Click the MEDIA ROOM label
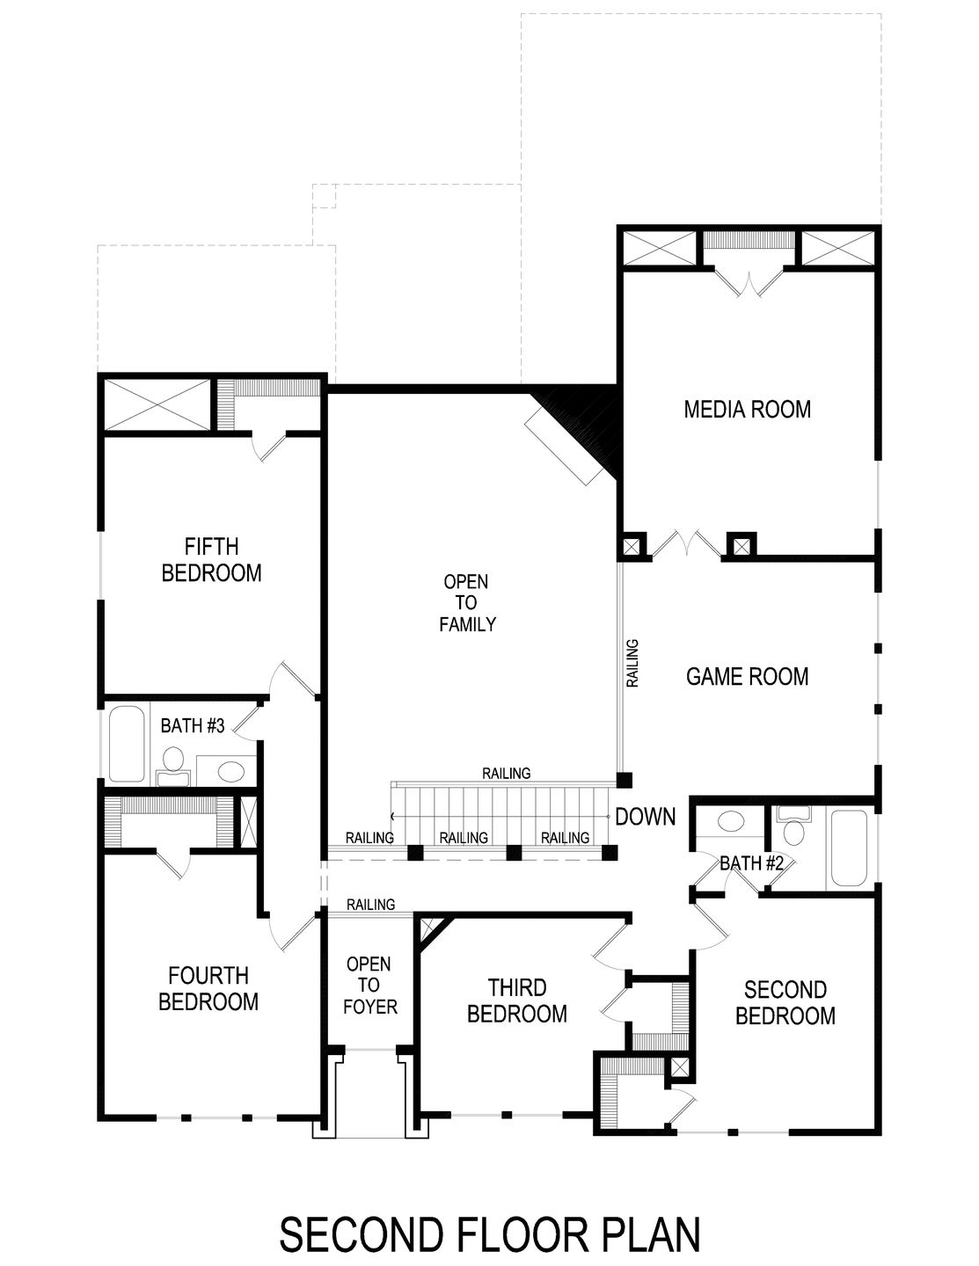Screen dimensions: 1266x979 747,409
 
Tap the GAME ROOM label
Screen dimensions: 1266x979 747,676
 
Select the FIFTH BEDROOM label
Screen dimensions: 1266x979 211,559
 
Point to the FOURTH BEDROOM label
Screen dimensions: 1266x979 208,988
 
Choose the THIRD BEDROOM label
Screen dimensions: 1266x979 516,1000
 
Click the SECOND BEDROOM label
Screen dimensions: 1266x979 785,1002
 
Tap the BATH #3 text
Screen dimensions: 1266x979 194,726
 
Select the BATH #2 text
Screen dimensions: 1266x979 751,863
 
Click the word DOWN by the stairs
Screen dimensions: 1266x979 646,817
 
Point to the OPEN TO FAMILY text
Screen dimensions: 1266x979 466,603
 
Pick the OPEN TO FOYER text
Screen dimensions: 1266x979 369,985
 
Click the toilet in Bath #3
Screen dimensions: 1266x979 172,765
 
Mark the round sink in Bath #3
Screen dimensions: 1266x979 230,772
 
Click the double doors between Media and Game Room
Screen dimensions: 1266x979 690,543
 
